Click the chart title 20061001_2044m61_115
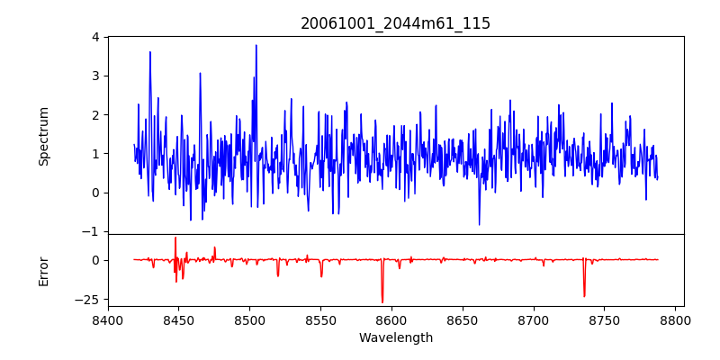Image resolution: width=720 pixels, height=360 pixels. point(395,23)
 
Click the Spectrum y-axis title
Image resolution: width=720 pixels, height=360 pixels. point(44,136)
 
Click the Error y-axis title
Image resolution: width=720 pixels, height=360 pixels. point(44,271)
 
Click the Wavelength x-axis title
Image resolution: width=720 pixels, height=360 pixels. point(395,338)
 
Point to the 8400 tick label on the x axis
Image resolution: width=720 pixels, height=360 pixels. point(108,320)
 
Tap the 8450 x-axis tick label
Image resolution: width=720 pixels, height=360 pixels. point(178,320)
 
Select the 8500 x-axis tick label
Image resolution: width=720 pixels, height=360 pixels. point(249,320)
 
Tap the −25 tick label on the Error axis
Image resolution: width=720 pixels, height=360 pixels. point(88,299)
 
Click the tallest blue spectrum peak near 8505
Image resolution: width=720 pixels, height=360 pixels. point(256,46)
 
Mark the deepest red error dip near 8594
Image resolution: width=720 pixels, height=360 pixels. point(382,301)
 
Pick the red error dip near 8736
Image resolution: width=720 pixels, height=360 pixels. point(584,295)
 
